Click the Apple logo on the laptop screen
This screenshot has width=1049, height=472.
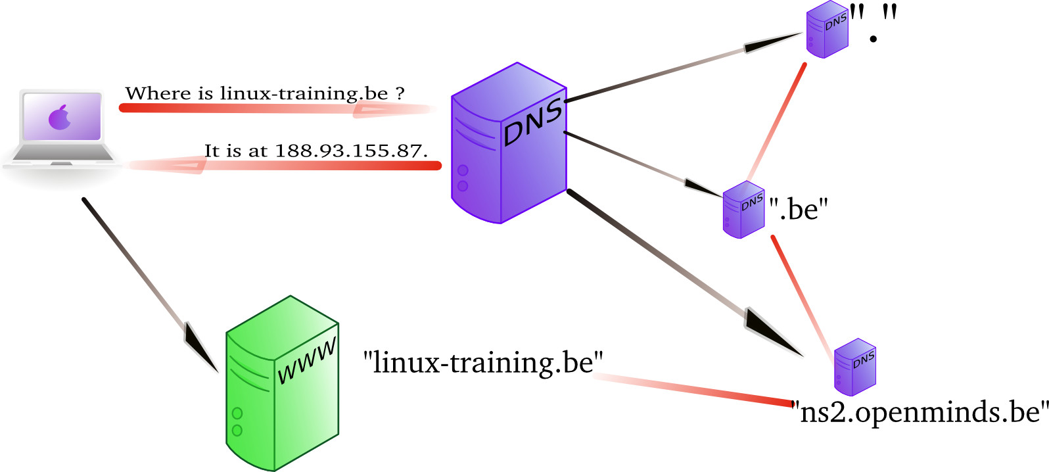click(x=60, y=117)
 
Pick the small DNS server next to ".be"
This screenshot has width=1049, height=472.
click(x=743, y=209)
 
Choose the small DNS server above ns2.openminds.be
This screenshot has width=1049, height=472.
click(x=854, y=367)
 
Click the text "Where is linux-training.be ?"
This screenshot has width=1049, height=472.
click(x=264, y=93)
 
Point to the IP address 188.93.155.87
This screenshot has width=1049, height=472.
click(x=350, y=151)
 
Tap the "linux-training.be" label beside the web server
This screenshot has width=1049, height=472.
click(x=483, y=362)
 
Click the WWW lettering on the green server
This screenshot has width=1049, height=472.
click(x=306, y=362)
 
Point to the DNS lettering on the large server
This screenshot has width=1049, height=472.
click(x=533, y=122)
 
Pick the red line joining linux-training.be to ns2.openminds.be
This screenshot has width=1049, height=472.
click(x=697, y=389)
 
